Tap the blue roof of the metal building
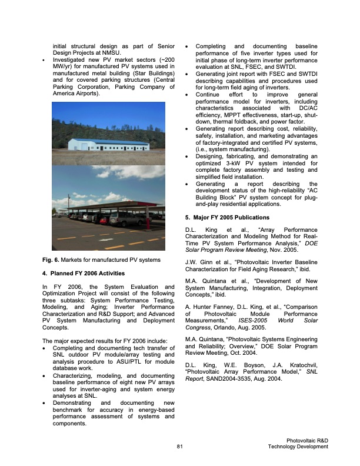pyautogui.click(x=106, y=140)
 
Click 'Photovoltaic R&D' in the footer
pyautogui.click(x=307, y=441)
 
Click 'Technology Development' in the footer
pyautogui.click(x=298, y=447)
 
